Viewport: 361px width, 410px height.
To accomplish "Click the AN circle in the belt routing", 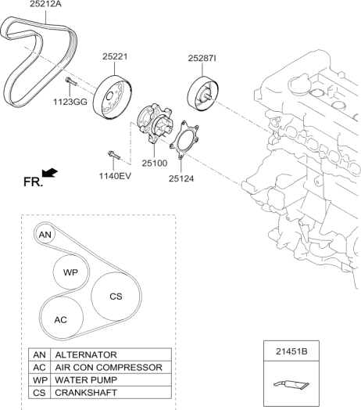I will point(46,234).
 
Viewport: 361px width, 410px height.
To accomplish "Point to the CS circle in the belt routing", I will point(115,297).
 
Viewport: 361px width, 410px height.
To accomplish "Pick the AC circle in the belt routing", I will point(60,320).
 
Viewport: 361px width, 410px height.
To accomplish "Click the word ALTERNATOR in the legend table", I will point(85,354).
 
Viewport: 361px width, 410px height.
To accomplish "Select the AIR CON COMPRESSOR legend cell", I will point(108,367).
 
